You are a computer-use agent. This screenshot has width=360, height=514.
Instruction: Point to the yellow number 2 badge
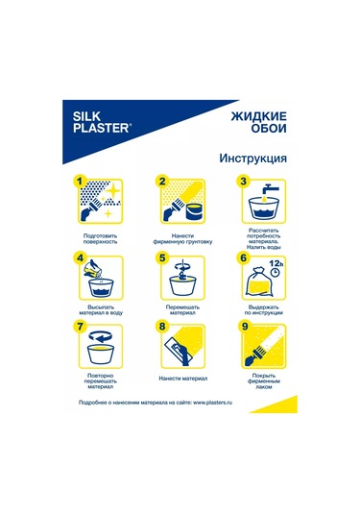pos(163,180)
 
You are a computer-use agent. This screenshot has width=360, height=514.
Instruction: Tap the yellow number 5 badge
pos(163,257)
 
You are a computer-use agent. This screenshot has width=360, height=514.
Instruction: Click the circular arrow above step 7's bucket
pos(99,338)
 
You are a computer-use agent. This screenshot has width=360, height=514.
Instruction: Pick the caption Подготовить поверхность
pos(100,238)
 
